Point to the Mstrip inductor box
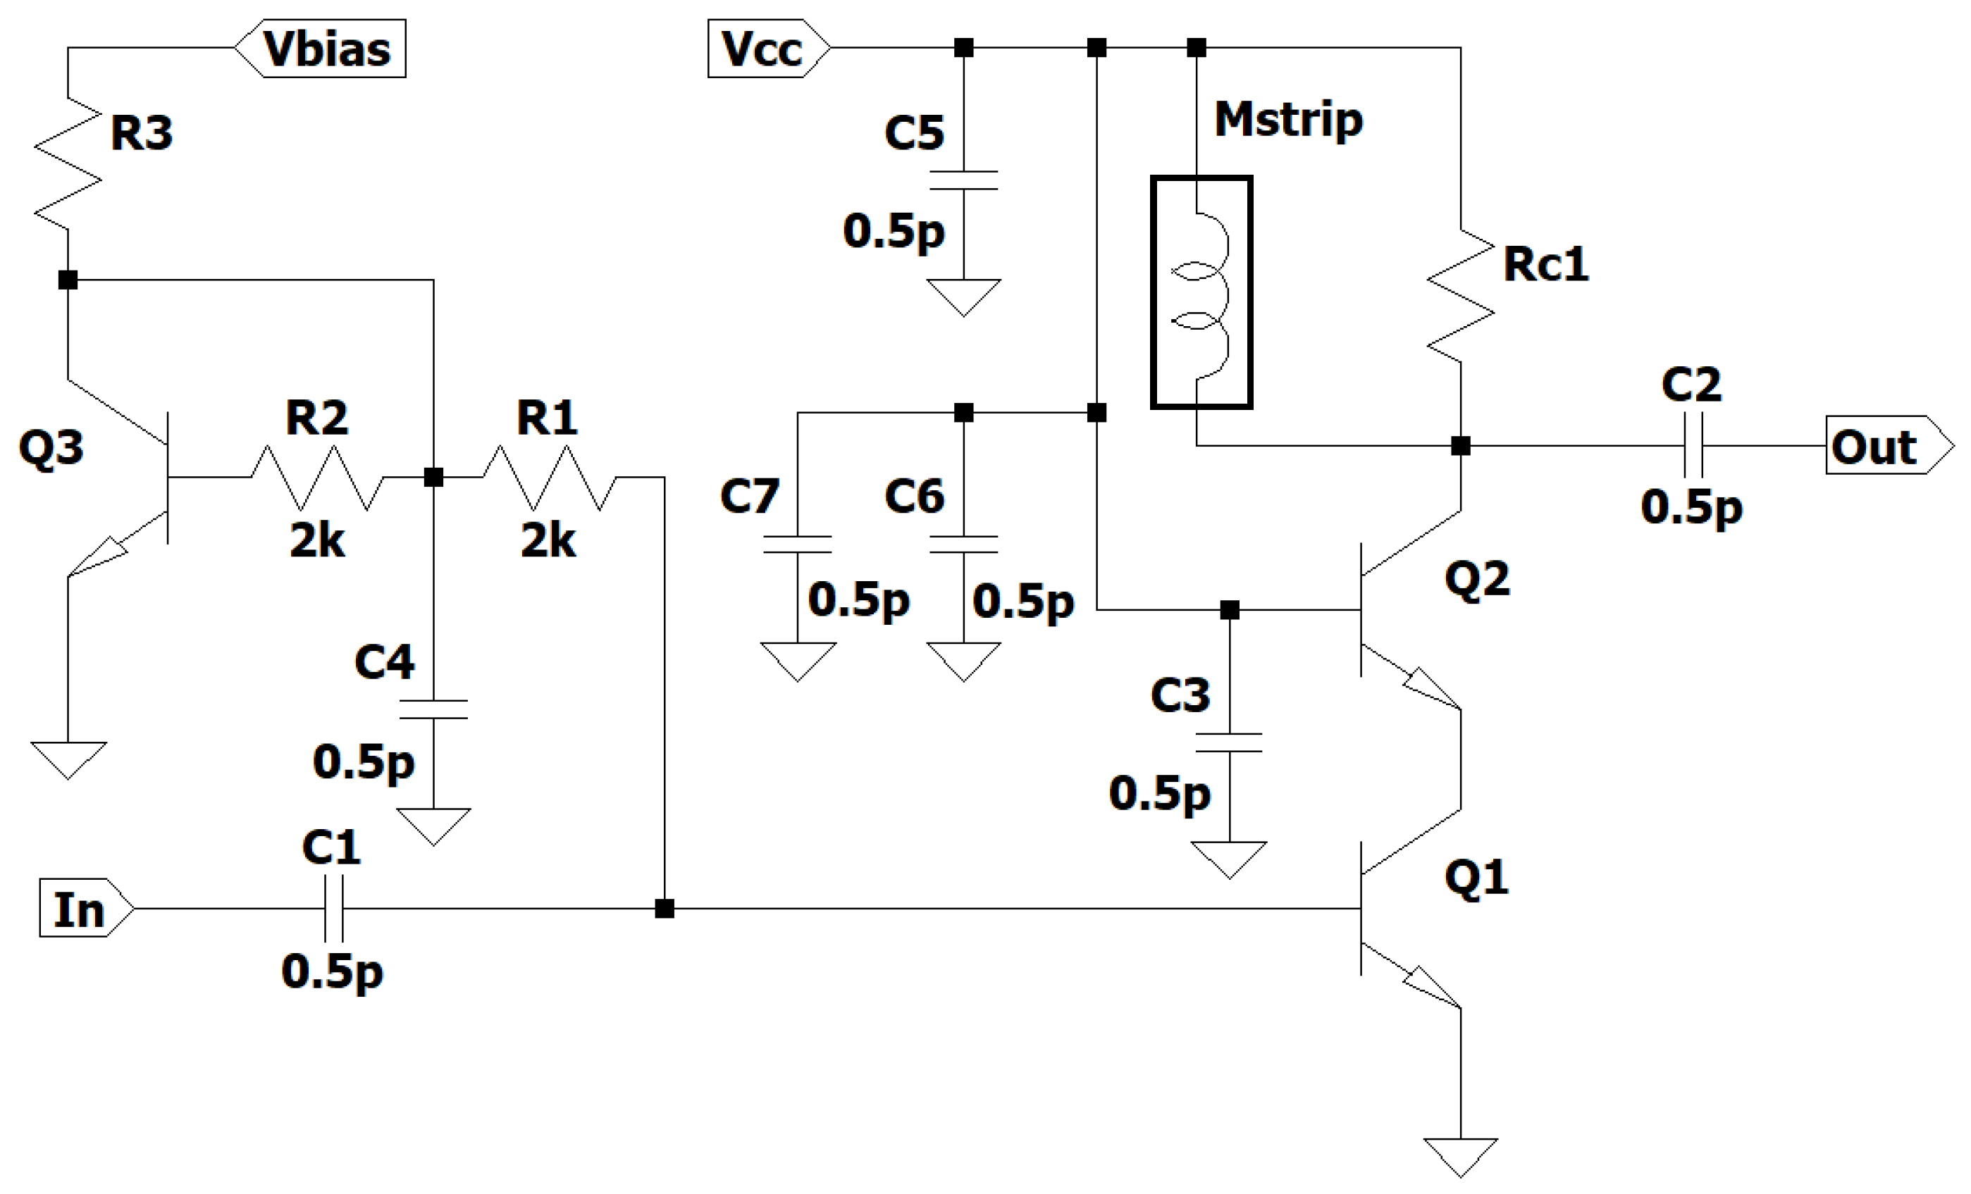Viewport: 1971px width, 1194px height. click(x=1201, y=293)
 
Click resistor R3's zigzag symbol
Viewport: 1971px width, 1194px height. click(x=68, y=164)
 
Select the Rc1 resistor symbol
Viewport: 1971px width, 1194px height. click(x=1461, y=296)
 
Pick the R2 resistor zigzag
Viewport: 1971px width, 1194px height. click(x=318, y=478)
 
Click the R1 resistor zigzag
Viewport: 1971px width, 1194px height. click(x=549, y=478)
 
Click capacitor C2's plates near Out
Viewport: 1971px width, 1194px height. click(x=1692, y=445)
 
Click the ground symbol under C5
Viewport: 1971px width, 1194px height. click(x=963, y=295)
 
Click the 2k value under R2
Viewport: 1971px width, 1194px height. click(x=317, y=542)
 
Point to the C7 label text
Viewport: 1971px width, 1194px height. click(x=750, y=496)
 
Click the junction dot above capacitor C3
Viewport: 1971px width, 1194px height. click(x=1230, y=610)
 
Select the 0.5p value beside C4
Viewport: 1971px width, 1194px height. click(x=364, y=761)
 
